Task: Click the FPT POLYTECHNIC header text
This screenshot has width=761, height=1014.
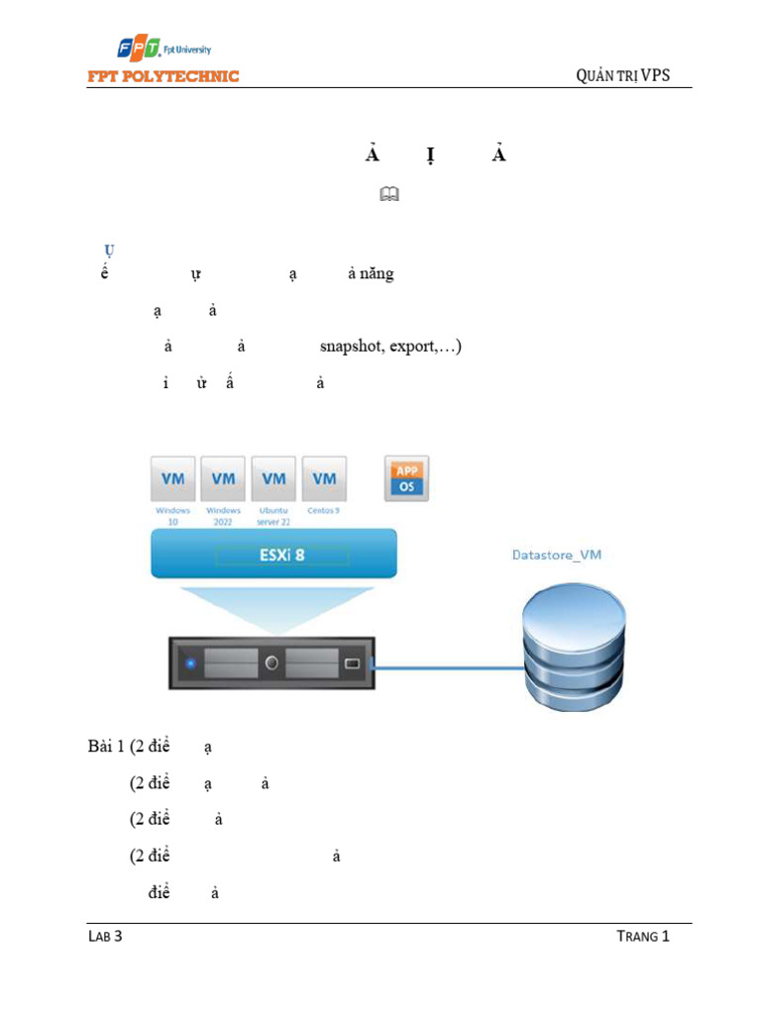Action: [x=163, y=76]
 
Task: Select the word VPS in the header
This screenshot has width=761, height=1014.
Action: [x=655, y=75]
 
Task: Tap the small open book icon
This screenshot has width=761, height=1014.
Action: [x=387, y=197]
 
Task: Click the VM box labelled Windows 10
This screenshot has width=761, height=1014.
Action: [x=172, y=478]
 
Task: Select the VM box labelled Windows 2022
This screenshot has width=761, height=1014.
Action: [x=223, y=478]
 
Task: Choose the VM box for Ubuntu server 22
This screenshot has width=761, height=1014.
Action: [x=273, y=478]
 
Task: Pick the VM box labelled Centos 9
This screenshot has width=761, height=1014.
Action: [x=324, y=478]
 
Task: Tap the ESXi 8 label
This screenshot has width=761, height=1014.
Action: [x=282, y=555]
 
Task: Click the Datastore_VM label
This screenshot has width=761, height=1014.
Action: [x=556, y=555]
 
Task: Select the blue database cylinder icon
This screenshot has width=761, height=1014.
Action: [x=575, y=650]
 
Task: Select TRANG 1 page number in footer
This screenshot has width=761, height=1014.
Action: [x=643, y=936]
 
